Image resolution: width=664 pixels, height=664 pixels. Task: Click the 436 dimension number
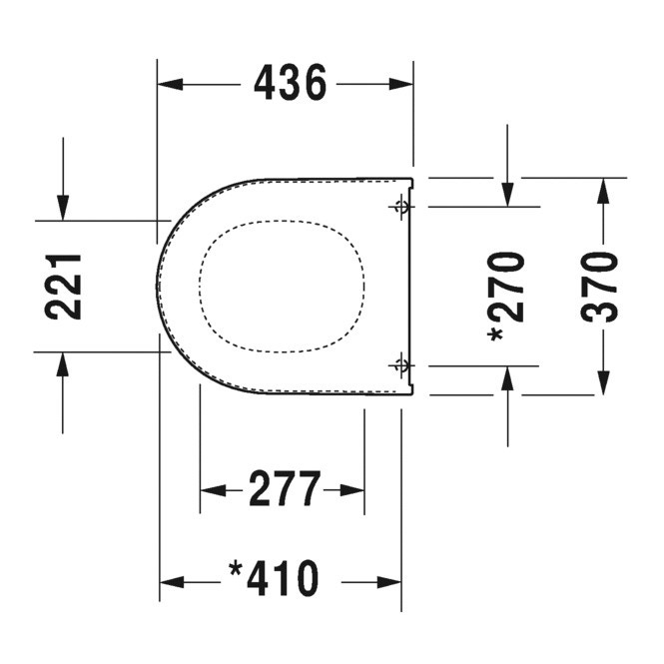tap(291, 83)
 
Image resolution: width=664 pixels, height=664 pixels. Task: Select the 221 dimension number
tap(63, 287)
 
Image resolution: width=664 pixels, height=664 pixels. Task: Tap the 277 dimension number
tap(285, 488)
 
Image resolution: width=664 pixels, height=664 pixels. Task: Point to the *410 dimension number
tap(274, 578)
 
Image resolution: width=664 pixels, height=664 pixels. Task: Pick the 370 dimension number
tap(599, 287)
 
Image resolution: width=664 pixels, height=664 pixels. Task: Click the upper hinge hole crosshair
tap(400, 207)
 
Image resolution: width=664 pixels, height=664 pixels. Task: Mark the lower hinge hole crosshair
tap(400, 364)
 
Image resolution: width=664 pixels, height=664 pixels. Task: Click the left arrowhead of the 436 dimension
tap(170, 84)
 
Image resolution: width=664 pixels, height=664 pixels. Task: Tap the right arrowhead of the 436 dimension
tap(401, 84)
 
